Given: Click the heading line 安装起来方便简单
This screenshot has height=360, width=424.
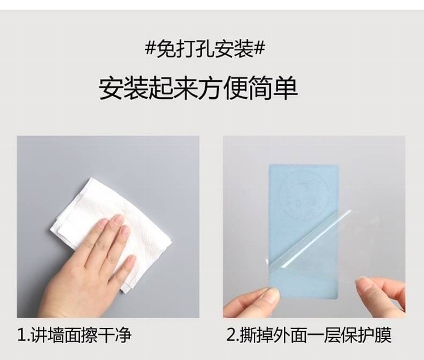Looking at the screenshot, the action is [198, 88].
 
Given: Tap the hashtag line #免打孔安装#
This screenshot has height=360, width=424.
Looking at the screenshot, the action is [205, 50].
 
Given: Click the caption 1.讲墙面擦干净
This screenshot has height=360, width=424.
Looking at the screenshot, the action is [75, 335].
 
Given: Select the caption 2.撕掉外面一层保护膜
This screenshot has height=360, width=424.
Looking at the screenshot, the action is [309, 335].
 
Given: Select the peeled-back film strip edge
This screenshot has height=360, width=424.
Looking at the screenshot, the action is [316, 238].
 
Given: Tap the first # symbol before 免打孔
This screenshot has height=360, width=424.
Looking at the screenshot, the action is [150, 50].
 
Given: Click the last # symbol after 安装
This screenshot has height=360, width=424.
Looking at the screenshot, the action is [259, 50].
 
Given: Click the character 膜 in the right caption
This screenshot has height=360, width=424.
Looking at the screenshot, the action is [383, 335].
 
